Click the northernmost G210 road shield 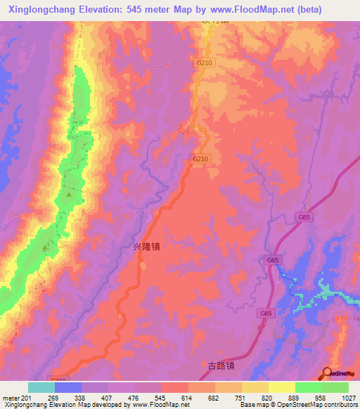[204, 63]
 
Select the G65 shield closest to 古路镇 [266, 313]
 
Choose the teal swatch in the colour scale [41, 387]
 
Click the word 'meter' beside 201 [11, 397]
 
